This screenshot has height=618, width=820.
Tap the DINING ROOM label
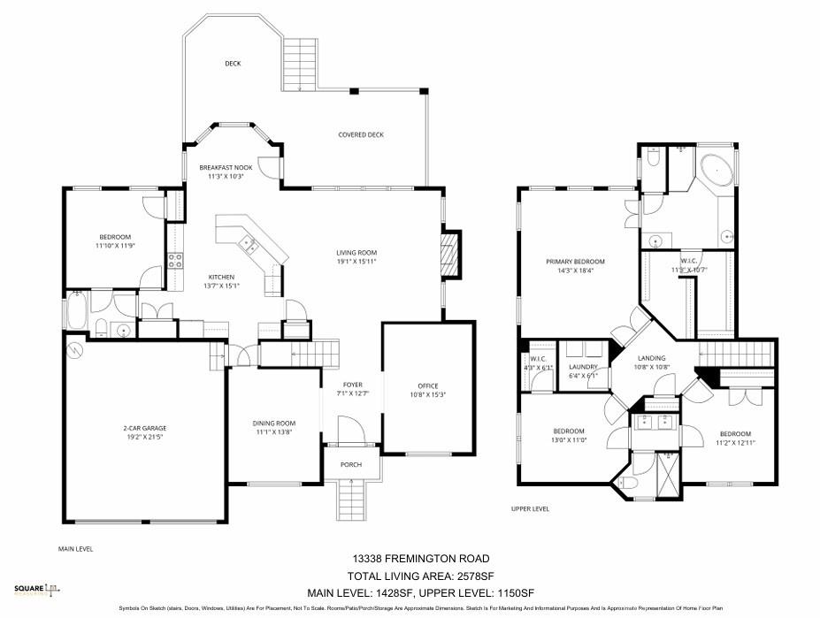(274, 423)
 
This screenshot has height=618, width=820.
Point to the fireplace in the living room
(451, 255)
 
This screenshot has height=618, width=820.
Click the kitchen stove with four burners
(175, 260)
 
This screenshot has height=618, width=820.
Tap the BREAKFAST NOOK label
(226, 167)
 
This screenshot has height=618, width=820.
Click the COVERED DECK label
(361, 134)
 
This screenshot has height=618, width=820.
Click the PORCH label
(352, 464)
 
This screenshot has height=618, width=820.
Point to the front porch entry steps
(352, 500)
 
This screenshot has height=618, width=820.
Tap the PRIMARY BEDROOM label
(575, 262)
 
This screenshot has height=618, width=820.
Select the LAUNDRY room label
(584, 367)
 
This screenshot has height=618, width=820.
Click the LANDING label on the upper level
(651, 358)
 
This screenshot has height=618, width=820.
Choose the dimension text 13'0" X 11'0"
(570, 439)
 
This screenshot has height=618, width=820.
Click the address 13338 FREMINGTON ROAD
(419, 558)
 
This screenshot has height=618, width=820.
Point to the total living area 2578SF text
(419, 575)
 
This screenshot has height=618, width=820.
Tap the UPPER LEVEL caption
(531, 508)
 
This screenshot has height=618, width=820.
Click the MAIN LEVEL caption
(76, 548)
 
